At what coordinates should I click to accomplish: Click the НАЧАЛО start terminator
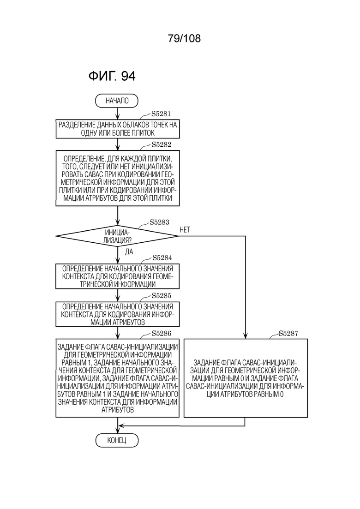click(x=116, y=101)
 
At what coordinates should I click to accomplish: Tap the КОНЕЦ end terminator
click(x=117, y=441)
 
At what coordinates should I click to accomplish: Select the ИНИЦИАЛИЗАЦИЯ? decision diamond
click(x=117, y=236)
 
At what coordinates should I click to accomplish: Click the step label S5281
click(x=161, y=114)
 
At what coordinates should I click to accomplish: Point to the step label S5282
click(x=162, y=144)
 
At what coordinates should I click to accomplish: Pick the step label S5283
click(x=159, y=222)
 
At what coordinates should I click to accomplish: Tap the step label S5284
click(x=162, y=258)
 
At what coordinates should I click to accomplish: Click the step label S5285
click(x=162, y=296)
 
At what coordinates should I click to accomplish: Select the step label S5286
click(x=162, y=333)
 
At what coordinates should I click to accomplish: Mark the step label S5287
click(x=288, y=333)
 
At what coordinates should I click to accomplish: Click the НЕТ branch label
click(x=185, y=230)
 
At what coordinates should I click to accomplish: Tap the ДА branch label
click(x=129, y=252)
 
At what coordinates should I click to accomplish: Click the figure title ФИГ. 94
click(x=112, y=76)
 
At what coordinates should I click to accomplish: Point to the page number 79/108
click(x=184, y=38)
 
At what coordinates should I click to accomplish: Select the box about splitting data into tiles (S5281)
click(x=118, y=129)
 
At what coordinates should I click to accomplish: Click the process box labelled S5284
click(x=118, y=276)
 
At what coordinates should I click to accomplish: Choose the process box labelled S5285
click(x=118, y=314)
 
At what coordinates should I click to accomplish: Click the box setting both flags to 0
click(x=246, y=378)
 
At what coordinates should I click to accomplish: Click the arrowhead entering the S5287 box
click(x=246, y=336)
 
